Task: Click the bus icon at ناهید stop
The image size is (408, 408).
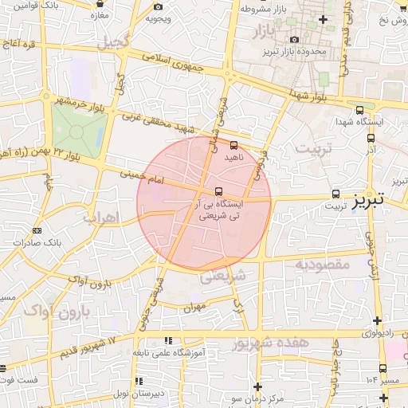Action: point(233,146)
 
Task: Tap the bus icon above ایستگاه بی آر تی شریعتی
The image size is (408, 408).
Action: point(219,190)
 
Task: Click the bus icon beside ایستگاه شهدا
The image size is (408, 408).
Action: point(359,111)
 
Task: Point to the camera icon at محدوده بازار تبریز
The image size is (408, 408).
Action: point(294,40)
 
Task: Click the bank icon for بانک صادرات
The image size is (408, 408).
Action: point(37,230)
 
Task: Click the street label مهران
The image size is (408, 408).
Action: point(194,306)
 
